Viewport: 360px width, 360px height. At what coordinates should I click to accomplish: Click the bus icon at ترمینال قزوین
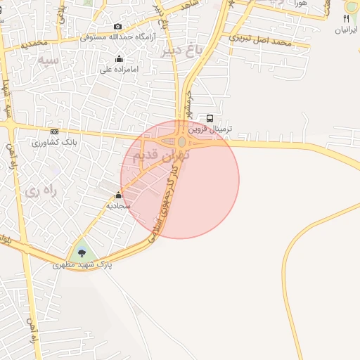[210, 118]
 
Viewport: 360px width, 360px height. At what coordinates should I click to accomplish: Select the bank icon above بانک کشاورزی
[54, 131]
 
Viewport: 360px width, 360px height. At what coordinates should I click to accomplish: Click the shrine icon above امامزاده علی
[119, 58]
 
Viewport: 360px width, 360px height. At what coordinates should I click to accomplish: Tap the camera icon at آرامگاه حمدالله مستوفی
[117, 27]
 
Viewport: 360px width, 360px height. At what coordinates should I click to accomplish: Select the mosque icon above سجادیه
[118, 195]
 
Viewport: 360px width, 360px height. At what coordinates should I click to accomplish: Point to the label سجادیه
[118, 207]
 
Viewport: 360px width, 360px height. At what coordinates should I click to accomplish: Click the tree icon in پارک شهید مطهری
[82, 252]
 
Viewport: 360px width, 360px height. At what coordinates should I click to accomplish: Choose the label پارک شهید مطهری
[82, 266]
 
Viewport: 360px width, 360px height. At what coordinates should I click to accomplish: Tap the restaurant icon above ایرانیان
[347, 19]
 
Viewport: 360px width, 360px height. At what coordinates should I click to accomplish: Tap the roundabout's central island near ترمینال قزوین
[181, 142]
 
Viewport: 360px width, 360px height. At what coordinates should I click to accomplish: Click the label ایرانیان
[347, 30]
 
